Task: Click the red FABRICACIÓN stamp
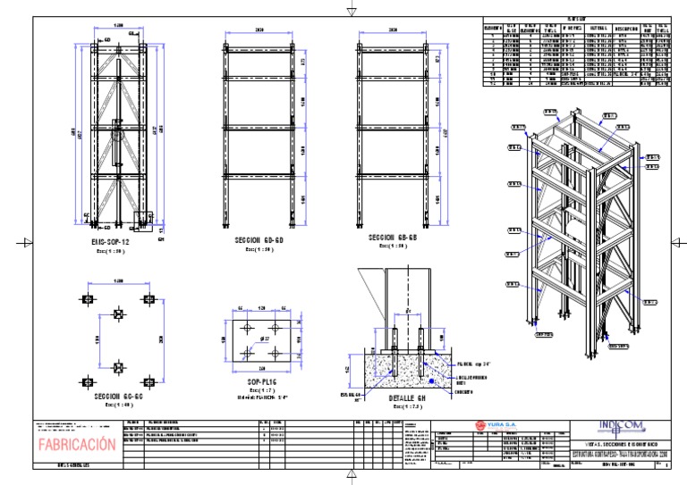[76, 444]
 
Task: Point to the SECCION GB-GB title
[394, 238]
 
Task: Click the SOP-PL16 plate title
[261, 381]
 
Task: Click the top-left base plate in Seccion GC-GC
[87, 299]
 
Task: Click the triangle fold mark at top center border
[351, 11]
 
